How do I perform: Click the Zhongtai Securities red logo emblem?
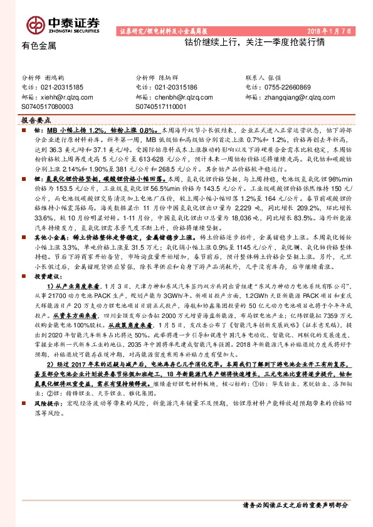33,23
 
